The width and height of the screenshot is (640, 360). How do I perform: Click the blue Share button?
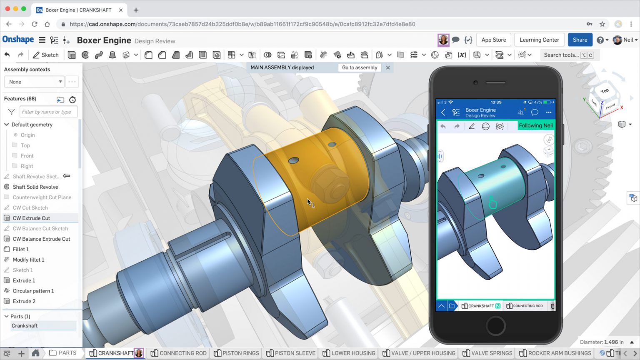tap(580, 40)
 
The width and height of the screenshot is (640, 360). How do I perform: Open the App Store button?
tap(493, 40)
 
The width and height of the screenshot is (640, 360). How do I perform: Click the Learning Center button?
tap(539, 40)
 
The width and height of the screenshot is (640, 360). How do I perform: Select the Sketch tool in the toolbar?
tap(46, 55)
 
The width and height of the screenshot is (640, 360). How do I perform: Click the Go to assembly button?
tap(359, 67)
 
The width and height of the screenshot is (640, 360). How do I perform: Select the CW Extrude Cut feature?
tap(31, 218)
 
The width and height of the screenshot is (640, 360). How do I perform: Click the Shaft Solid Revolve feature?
tap(35, 187)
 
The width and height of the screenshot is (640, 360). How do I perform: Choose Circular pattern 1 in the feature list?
tap(33, 291)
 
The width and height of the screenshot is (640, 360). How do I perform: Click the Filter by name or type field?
tap(48, 112)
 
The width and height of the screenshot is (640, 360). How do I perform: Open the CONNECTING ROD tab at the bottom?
tap(179, 353)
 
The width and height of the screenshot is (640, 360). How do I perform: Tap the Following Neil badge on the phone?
tap(535, 125)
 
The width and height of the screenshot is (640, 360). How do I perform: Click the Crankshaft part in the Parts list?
tap(25, 326)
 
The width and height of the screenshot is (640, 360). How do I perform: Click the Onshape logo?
tap(18, 40)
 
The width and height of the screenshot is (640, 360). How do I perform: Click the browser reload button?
tap(35, 24)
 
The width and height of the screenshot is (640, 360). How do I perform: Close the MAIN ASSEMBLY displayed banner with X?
tap(388, 67)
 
